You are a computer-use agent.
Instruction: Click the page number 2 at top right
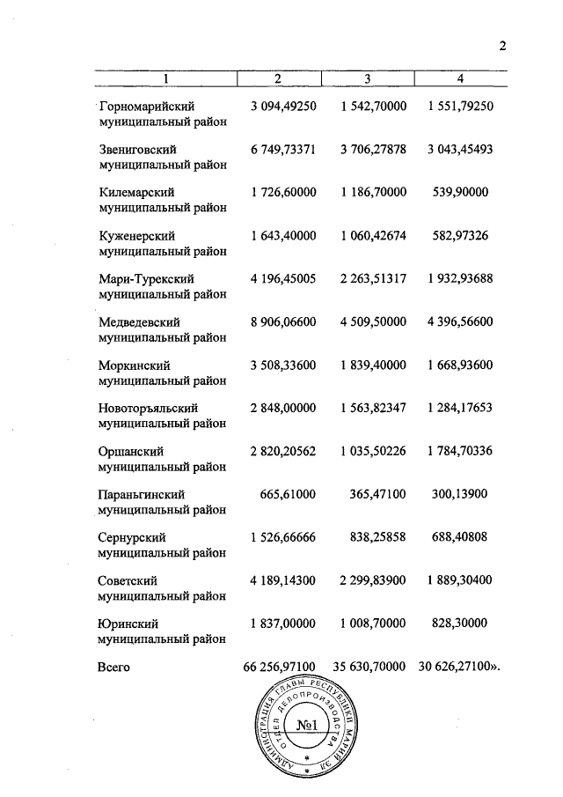click(503, 47)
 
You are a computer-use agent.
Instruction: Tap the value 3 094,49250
click(283, 106)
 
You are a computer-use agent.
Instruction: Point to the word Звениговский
click(135, 149)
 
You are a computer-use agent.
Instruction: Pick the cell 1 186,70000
click(373, 192)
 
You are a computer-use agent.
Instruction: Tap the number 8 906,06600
click(283, 321)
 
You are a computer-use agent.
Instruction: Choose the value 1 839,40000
click(373, 365)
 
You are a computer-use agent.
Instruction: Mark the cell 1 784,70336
click(458, 451)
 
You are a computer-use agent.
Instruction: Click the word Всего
click(114, 667)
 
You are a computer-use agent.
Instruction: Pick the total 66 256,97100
click(280, 667)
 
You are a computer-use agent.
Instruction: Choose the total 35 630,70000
click(369, 667)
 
